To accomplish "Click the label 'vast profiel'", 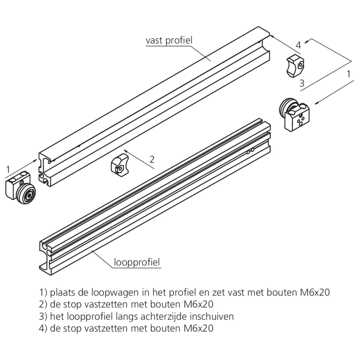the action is point(169,40).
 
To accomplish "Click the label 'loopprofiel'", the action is point(137,262).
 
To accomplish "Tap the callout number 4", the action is point(298,45).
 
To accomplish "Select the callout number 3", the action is point(302,83).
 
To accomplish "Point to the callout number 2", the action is point(152,159).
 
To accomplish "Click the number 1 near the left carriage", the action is point(8,170).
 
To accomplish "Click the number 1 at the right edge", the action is point(349,74).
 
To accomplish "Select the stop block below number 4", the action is point(295,66).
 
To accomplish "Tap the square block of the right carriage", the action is point(297,118).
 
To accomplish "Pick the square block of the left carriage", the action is point(17,183).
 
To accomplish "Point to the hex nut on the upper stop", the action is point(300,66).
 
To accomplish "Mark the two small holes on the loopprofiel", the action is point(250,151).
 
